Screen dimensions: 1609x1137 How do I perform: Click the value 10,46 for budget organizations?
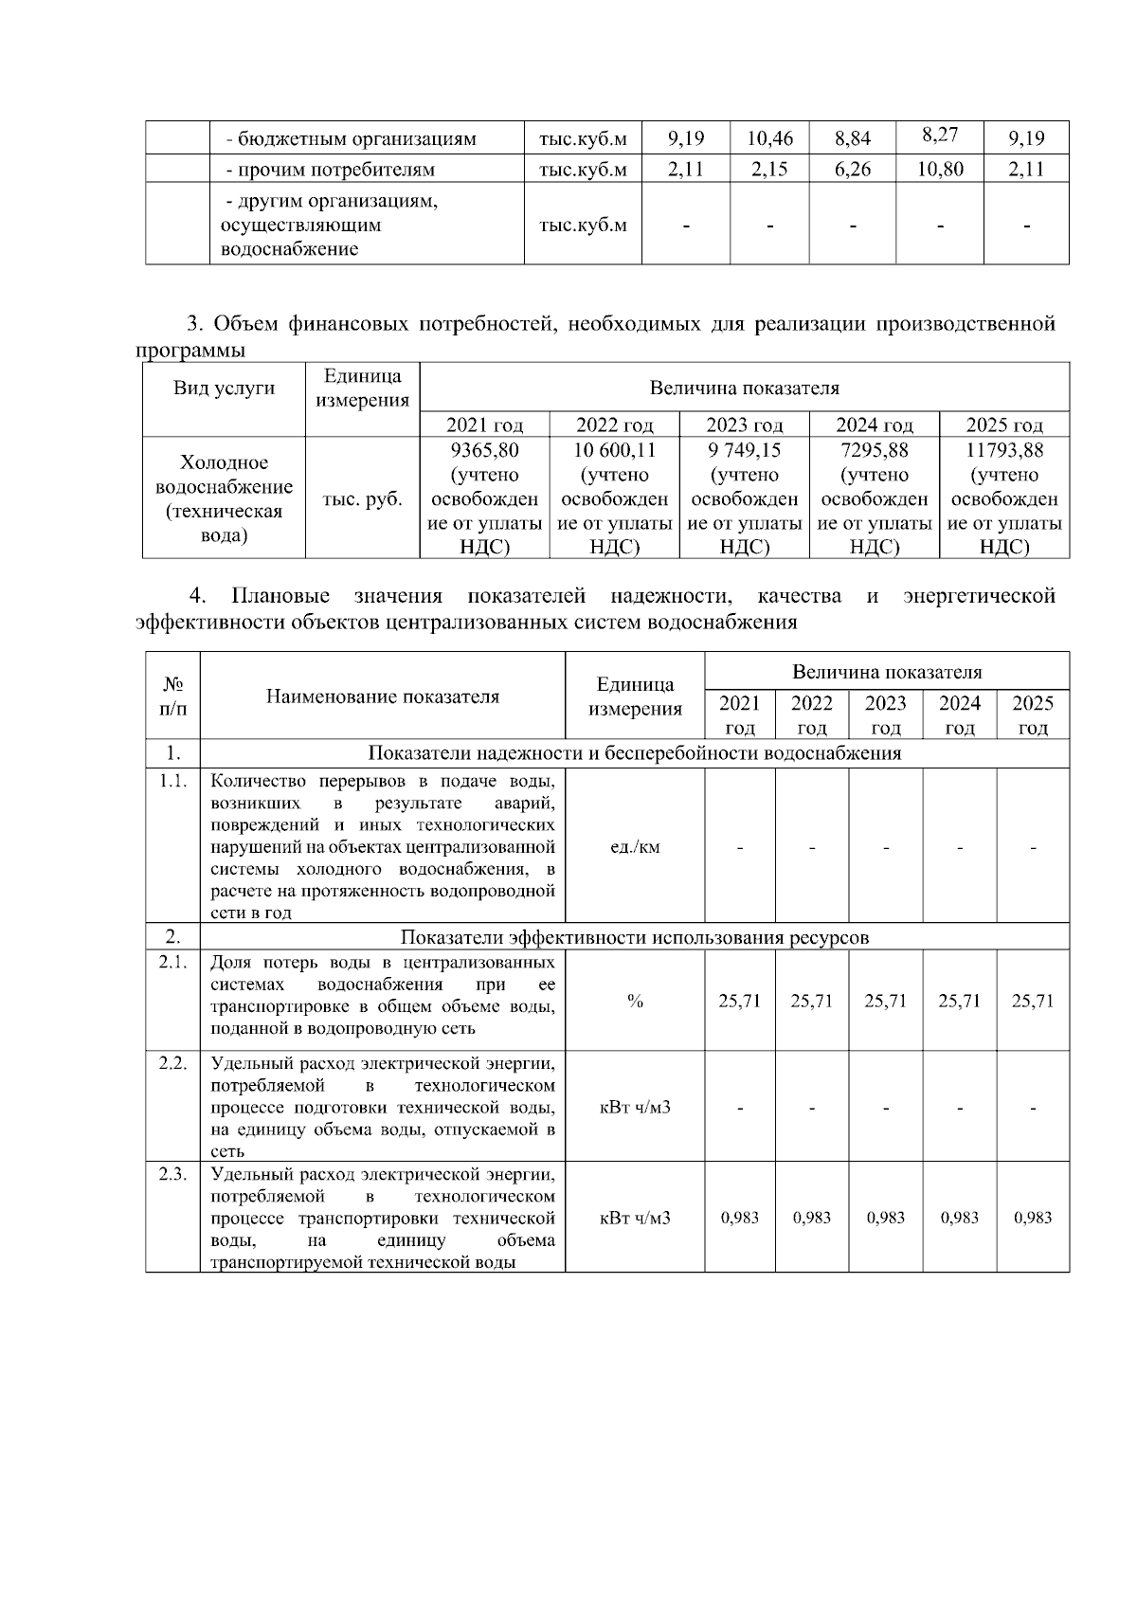[769, 138]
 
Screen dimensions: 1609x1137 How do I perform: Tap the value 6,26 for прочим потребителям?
[853, 170]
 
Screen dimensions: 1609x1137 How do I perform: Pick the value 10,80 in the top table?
[939, 170]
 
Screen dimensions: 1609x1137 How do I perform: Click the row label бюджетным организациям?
[351, 139]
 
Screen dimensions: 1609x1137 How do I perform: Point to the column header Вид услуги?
[225, 388]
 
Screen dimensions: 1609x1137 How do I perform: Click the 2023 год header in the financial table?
[745, 425]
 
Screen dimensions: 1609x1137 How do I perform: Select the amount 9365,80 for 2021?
[485, 450]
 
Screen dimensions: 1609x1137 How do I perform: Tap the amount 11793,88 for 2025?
[1004, 450]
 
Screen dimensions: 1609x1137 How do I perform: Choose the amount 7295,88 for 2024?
[875, 450]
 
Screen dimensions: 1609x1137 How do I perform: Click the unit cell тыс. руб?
[362, 499]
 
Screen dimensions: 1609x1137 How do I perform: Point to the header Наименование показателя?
[382, 696]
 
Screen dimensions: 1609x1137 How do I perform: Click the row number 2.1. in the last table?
[172, 962]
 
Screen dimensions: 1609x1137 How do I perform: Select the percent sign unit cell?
[635, 1001]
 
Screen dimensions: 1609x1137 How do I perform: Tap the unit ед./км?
[635, 846]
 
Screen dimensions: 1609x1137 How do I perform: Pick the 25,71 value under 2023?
[885, 1001]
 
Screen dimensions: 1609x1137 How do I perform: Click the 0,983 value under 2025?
[1033, 1218]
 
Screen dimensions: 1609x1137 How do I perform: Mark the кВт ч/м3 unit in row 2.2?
[635, 1107]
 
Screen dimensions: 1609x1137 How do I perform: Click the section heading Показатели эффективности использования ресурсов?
[634, 937]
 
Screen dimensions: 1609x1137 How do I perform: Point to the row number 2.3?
[172, 1174]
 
